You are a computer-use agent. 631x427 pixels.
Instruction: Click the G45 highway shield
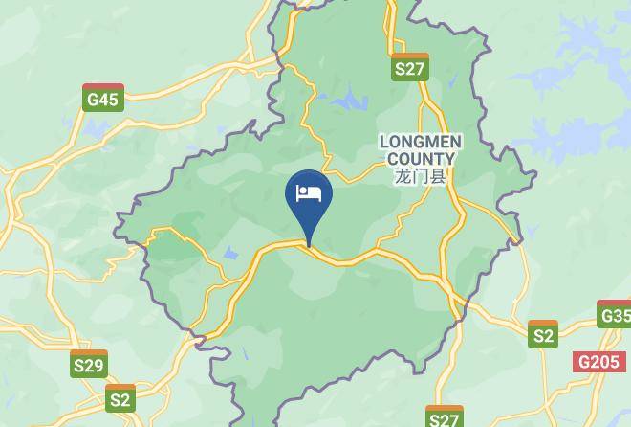[102, 97]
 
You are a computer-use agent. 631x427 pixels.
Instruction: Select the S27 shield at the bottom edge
[445, 418]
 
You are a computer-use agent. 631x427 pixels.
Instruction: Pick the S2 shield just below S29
[120, 398]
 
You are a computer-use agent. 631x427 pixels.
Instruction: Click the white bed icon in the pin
[309, 193]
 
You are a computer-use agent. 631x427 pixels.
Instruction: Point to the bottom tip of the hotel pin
[309, 246]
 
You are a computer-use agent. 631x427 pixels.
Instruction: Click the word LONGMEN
[421, 142]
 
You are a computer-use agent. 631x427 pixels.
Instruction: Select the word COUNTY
[421, 158]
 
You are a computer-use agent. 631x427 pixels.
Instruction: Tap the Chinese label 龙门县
[421, 176]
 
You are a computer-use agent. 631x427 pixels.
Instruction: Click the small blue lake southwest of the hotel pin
[230, 254]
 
